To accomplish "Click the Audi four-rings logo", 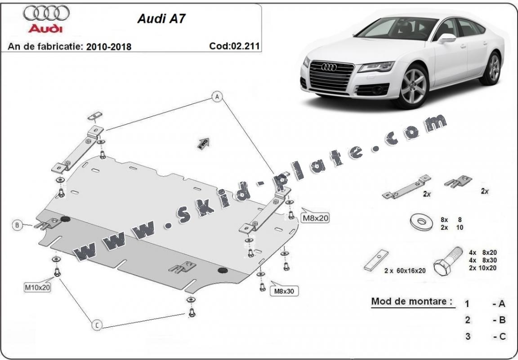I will click(46, 14).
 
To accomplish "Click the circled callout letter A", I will click(217, 97).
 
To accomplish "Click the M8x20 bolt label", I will click(315, 218).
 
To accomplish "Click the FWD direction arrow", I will click(203, 142).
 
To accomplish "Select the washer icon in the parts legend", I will click(422, 222).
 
